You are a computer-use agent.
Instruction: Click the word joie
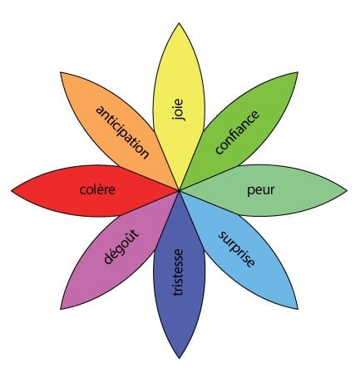click(178, 110)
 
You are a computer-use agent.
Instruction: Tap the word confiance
click(238, 132)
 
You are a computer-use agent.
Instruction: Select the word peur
click(260, 190)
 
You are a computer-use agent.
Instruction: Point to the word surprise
click(236, 248)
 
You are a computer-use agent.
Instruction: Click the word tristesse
click(178, 272)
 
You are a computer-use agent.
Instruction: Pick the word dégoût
click(121, 247)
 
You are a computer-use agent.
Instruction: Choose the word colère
click(97, 189)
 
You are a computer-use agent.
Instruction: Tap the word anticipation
click(122, 132)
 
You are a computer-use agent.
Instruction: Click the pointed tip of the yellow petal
click(179, 23)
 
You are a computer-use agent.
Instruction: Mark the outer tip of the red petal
click(12, 190)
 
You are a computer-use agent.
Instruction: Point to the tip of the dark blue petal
click(180, 358)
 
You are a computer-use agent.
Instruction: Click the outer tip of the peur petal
click(347, 190)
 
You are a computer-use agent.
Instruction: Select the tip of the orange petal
click(61, 72)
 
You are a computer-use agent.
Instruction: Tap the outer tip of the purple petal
click(61, 309)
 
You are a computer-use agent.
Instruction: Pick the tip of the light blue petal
click(298, 309)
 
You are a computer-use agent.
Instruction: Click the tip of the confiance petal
click(298, 72)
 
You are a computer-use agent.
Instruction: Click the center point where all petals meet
click(180, 190)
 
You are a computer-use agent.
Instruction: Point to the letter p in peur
click(250, 192)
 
